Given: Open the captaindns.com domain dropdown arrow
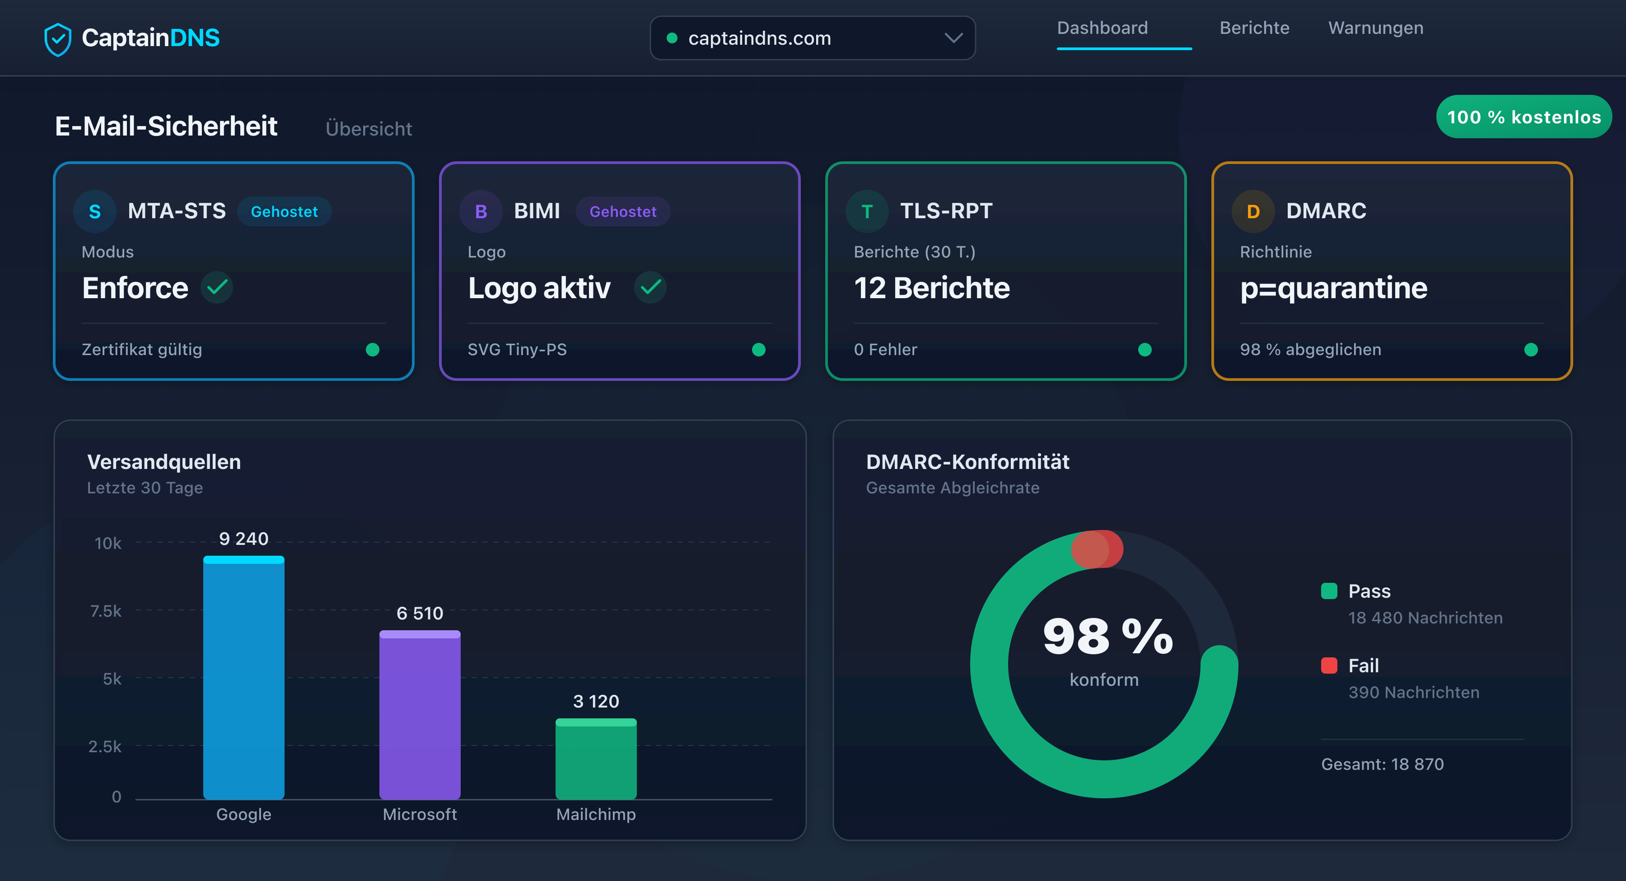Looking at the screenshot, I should point(953,38).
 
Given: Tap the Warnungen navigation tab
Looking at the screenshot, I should point(1375,28).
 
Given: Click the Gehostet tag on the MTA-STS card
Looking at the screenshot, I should point(284,211).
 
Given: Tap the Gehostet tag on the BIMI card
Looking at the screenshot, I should point(622,211).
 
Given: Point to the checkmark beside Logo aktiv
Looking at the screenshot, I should point(650,288).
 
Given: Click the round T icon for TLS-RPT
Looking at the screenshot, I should point(867,211).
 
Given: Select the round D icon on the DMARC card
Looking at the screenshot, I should point(1253,211).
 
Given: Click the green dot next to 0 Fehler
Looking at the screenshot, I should point(1145,350).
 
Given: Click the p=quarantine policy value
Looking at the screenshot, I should point(1333,288).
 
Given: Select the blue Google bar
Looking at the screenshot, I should point(243,682).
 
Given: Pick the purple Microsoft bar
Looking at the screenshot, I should point(420,720).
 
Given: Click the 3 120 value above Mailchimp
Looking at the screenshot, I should point(595,701).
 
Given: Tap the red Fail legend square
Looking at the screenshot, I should point(1329,665).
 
